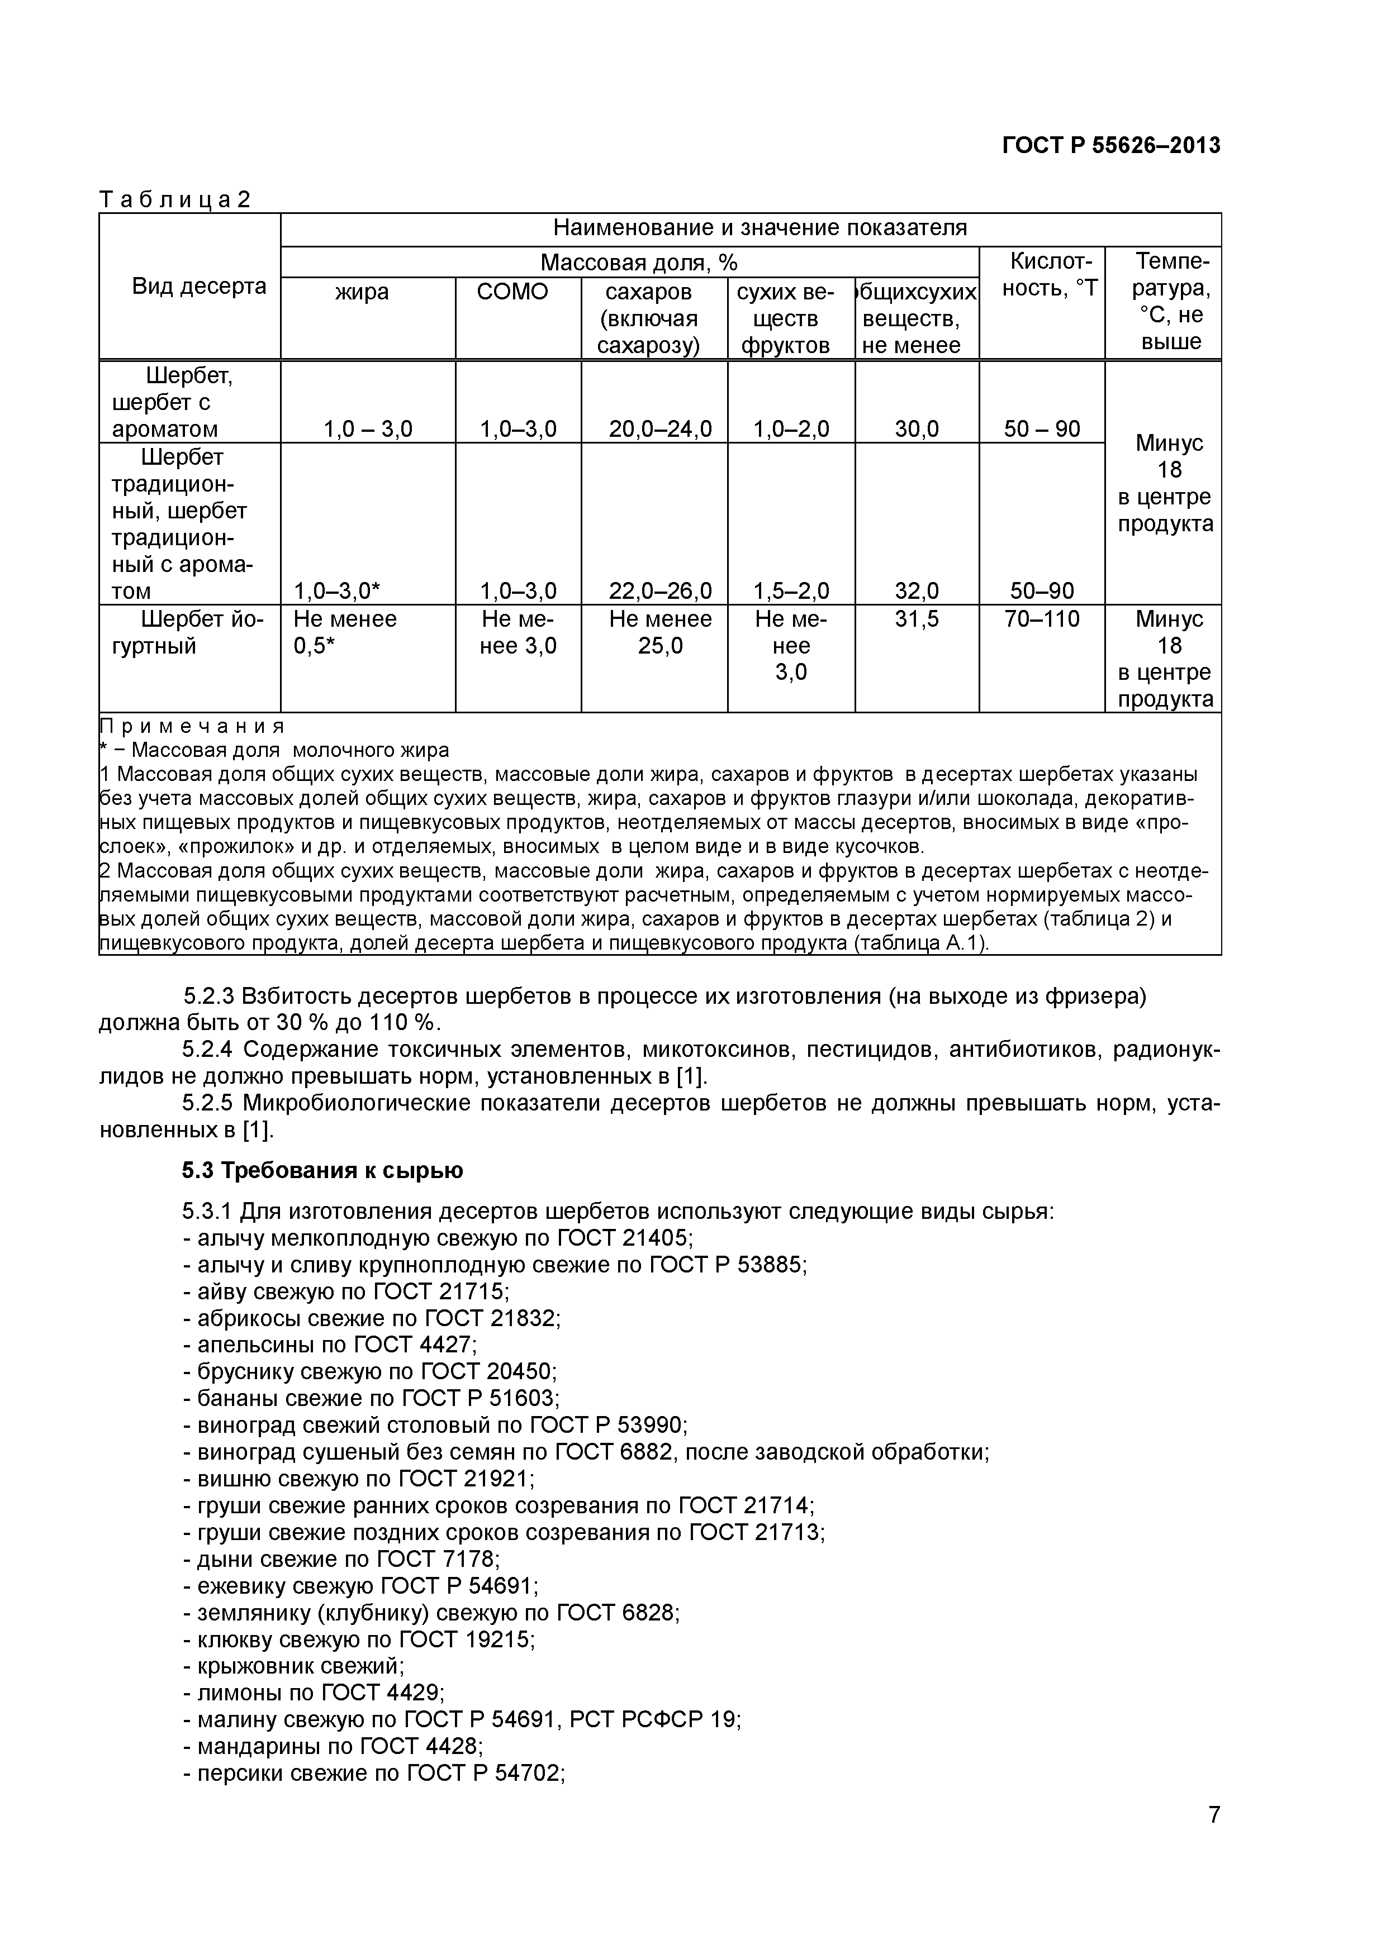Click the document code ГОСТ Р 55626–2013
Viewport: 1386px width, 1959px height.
point(1110,146)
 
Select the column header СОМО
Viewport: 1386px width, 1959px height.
point(512,292)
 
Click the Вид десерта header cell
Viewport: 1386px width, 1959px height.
point(199,286)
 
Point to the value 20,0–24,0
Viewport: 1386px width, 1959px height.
point(659,428)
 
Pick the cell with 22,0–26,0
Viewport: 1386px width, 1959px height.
point(659,590)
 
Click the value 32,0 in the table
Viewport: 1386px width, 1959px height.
point(917,590)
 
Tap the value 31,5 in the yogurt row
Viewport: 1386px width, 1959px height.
point(917,618)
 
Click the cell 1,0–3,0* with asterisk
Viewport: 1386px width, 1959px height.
point(336,590)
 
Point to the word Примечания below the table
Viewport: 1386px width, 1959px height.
point(192,726)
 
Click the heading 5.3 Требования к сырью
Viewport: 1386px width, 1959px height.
point(322,1170)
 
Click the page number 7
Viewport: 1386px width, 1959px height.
point(1214,1838)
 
